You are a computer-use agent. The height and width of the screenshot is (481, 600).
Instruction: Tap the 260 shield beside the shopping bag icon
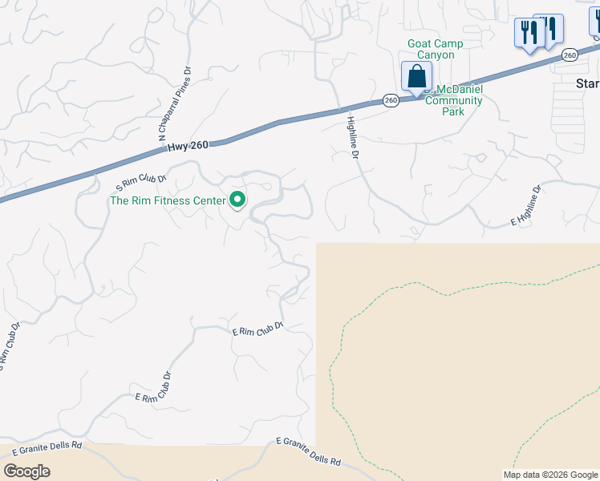pyautogui.click(x=391, y=100)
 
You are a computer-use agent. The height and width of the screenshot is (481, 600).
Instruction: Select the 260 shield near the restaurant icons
pyautogui.click(x=570, y=55)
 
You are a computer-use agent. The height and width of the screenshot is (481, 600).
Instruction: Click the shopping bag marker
pyautogui.click(x=416, y=78)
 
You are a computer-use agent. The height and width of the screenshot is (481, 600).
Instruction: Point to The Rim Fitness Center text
pyautogui.click(x=167, y=200)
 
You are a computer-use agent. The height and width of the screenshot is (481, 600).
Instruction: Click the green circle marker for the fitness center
pyautogui.click(x=237, y=200)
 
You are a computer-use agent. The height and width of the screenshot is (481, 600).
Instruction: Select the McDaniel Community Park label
pyautogui.click(x=454, y=100)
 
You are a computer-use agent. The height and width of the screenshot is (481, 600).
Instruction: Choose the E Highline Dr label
pyautogui.click(x=526, y=206)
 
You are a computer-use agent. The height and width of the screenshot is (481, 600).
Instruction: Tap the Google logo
pyautogui.click(x=26, y=471)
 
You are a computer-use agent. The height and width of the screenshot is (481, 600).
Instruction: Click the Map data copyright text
pyautogui.click(x=550, y=475)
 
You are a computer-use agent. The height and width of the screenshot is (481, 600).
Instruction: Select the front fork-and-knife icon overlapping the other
pyautogui.click(x=529, y=34)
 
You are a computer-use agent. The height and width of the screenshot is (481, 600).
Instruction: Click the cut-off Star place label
pyautogui.click(x=587, y=83)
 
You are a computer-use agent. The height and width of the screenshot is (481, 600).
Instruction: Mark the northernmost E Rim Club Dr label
pyautogui.click(x=258, y=329)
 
